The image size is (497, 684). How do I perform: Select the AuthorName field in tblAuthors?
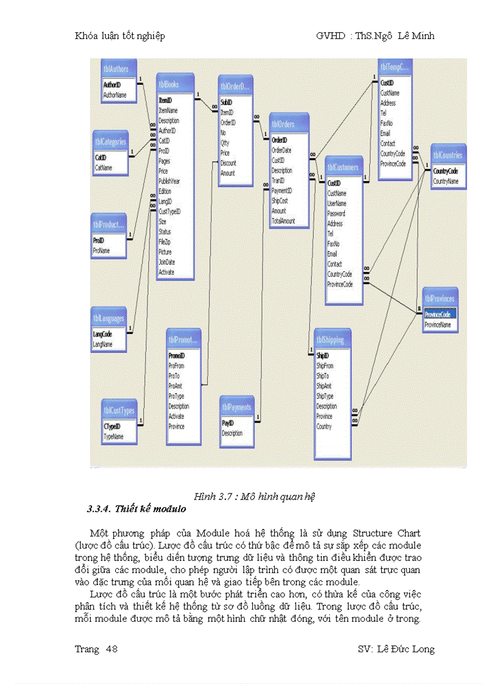115,96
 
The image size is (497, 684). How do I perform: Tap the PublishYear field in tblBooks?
170,182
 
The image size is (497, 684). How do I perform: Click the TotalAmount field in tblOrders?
283,221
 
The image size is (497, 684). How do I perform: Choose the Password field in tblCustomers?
336,214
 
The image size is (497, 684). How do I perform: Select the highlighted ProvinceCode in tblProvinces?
438,315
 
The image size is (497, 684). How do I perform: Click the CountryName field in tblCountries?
446,182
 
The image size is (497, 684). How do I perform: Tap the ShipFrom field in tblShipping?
325,366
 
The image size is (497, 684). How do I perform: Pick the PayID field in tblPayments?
227,423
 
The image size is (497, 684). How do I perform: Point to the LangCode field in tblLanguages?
102,334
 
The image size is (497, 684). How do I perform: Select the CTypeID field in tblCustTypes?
112,427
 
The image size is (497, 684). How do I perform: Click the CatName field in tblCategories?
104,167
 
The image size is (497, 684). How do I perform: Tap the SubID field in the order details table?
226,103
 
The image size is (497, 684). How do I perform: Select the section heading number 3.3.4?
99,509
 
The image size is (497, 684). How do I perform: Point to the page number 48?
111,649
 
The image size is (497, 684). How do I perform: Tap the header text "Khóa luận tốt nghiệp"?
120,36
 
